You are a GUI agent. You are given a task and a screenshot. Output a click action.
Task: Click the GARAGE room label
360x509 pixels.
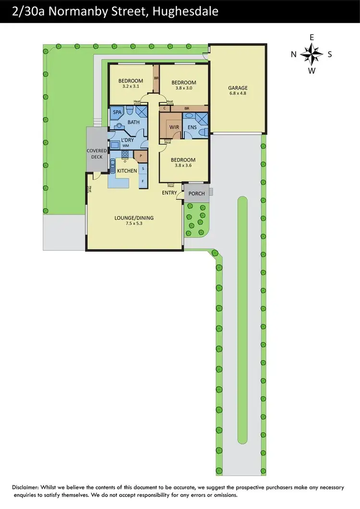point(238,88)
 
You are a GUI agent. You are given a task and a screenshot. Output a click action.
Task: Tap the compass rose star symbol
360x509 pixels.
point(312,54)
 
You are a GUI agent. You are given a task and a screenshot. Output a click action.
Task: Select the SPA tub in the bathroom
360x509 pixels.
point(117,112)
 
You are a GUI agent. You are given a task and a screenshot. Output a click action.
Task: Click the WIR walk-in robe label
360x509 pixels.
point(174,127)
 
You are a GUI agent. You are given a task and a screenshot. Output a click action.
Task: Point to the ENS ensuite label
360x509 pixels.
point(192,127)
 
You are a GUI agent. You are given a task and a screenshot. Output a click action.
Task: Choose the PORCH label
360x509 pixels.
point(197,194)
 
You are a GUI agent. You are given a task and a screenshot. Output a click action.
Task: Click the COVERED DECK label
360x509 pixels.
point(96,154)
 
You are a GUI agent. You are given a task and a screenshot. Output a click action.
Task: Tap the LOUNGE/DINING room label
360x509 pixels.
point(134,218)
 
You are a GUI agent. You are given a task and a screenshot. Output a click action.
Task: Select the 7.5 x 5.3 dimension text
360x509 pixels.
point(134,224)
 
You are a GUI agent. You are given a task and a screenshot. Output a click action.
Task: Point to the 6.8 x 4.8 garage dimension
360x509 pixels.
point(238,94)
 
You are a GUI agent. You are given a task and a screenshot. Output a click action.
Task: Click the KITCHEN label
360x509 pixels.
point(127,171)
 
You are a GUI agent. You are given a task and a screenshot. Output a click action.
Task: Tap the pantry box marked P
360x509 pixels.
point(141,155)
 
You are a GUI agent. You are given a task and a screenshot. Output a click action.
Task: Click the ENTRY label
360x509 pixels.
point(169,193)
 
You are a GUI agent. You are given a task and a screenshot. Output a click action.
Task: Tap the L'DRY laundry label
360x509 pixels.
point(127,139)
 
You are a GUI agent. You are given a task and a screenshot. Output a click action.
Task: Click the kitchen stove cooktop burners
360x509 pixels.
point(125,154)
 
